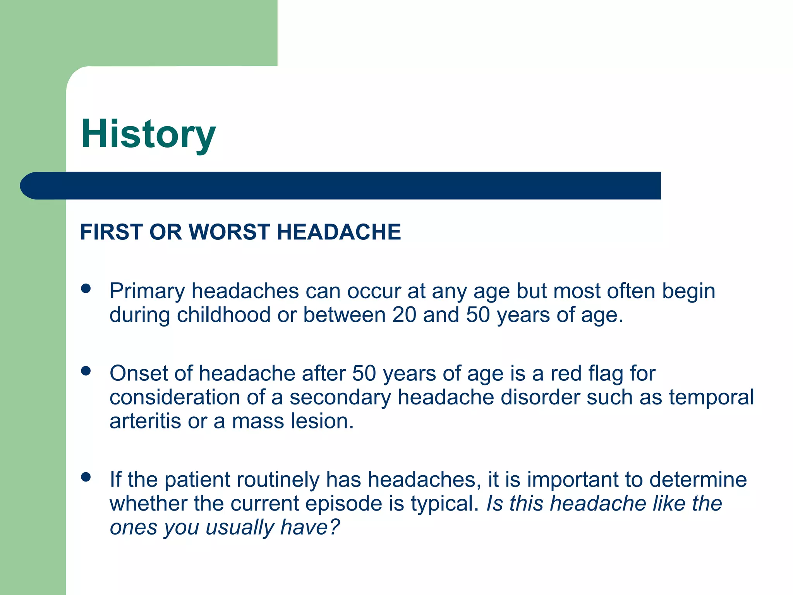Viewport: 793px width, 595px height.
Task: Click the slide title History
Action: (x=148, y=134)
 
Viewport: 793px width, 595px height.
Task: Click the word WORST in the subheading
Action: (x=229, y=232)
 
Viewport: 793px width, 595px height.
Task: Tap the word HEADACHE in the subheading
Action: (x=338, y=232)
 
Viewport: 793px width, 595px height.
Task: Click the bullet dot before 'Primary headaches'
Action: (x=86, y=289)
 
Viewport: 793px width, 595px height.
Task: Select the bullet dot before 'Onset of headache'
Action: (x=86, y=371)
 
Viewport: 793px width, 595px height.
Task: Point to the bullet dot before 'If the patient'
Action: (x=86, y=477)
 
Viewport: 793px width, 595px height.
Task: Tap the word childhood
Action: (x=223, y=315)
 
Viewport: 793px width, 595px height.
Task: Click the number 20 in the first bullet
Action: (x=404, y=315)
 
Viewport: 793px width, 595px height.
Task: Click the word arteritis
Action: (x=145, y=421)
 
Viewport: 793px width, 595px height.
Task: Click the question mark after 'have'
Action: (x=334, y=527)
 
